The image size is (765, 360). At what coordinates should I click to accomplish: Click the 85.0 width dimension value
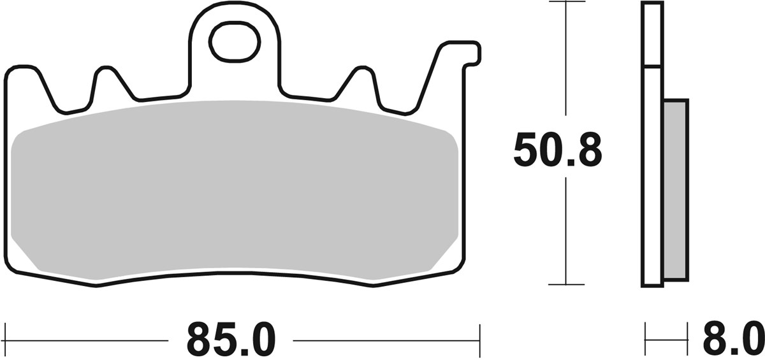[x=230, y=339]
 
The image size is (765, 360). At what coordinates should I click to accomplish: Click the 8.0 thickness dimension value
[x=734, y=339]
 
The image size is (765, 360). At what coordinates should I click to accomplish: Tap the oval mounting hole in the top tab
[x=235, y=42]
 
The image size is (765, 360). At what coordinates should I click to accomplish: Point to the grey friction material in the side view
[x=676, y=189]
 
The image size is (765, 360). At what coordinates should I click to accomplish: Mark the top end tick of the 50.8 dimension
[x=566, y=2]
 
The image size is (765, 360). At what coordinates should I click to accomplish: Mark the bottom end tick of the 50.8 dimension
[x=566, y=284]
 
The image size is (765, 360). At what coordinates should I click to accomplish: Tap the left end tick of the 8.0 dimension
[x=646, y=333]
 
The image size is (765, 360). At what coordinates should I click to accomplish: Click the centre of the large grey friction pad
[x=235, y=191]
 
